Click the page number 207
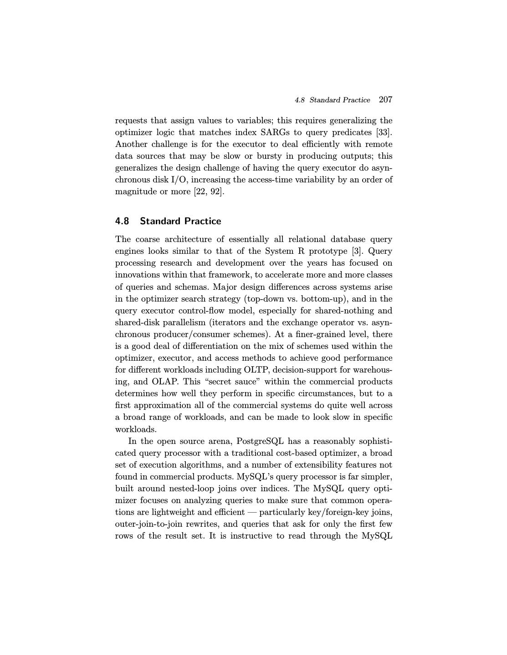(x=385, y=100)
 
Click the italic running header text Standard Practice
(x=340, y=100)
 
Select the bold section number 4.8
(x=122, y=221)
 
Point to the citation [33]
(x=384, y=132)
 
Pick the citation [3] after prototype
(x=357, y=251)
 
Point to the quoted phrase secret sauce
(x=232, y=382)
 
